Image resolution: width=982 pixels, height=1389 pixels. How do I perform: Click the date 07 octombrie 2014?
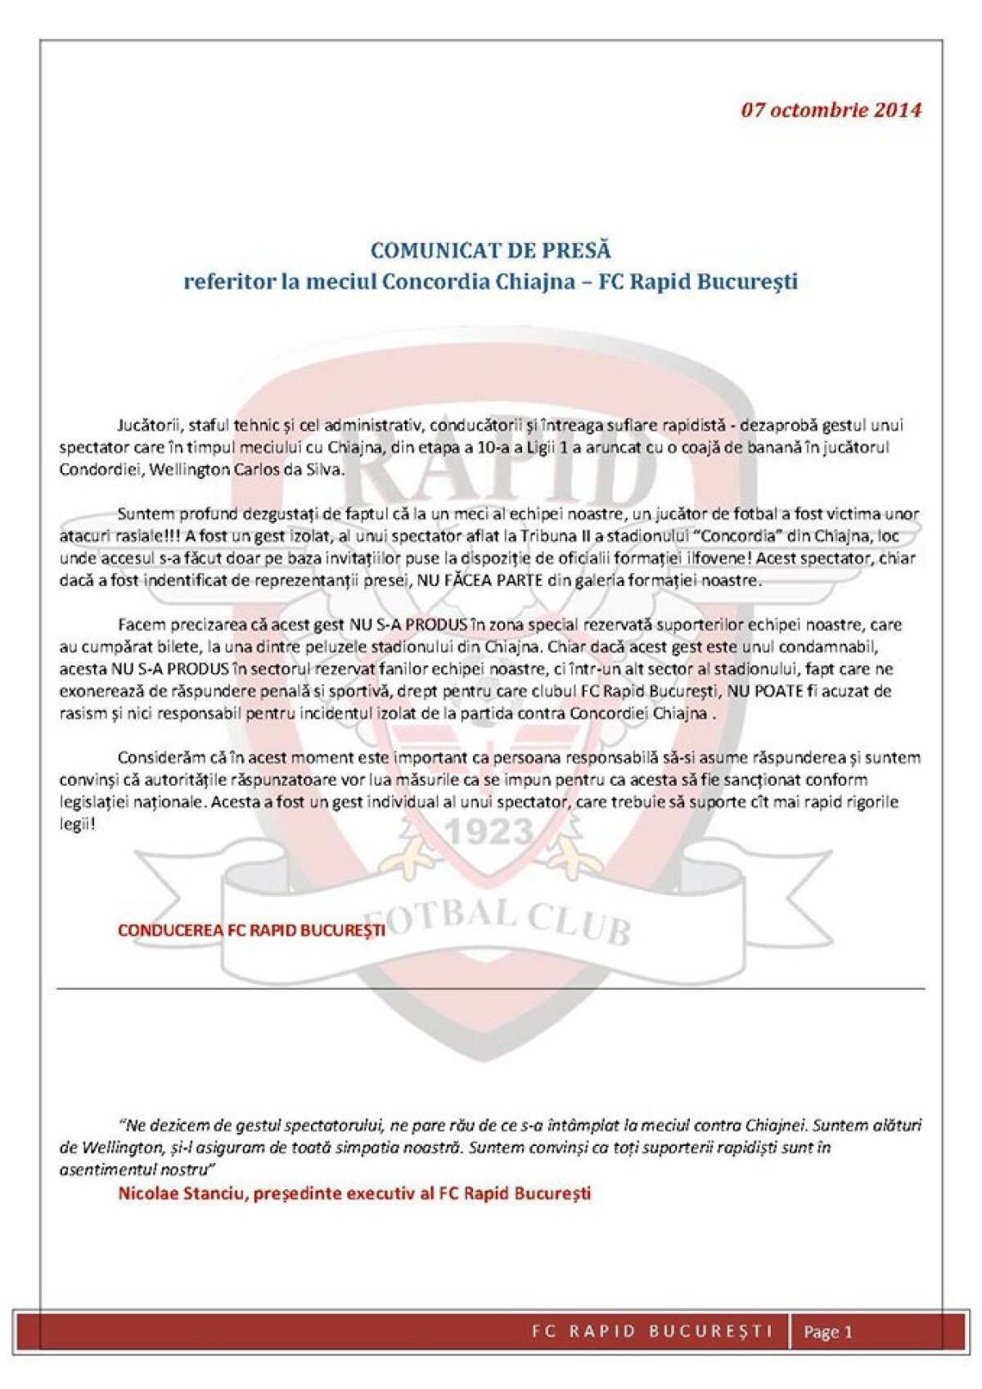(831, 110)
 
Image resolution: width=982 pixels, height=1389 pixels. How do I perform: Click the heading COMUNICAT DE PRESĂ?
(490, 250)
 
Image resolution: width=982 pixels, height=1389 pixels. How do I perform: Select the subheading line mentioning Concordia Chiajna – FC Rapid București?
(490, 282)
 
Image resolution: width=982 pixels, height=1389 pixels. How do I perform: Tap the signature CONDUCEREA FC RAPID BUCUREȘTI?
(251, 931)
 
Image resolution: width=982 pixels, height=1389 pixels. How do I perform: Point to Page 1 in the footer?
(828, 1332)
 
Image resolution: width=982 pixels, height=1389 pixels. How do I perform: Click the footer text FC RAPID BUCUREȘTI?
(652, 1331)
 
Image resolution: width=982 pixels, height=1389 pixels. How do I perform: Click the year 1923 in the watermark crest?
(489, 832)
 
